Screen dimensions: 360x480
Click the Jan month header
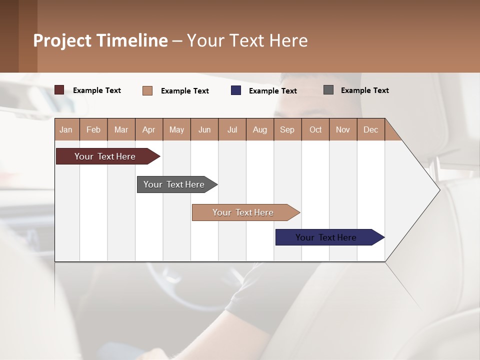[x=66, y=129]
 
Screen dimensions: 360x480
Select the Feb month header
[x=93, y=129]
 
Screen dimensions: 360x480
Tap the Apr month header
[x=148, y=129]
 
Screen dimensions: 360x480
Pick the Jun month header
[x=204, y=129]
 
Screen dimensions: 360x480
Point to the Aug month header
[x=260, y=129]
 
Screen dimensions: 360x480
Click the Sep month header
[x=287, y=129]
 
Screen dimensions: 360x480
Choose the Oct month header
[x=315, y=129]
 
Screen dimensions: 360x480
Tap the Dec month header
[x=370, y=129]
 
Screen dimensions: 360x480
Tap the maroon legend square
[x=59, y=90]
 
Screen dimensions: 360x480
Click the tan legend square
[x=147, y=90]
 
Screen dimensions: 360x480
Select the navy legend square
[x=236, y=90]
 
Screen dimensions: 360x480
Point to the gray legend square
[x=328, y=90]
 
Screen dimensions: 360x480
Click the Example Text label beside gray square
[x=364, y=90]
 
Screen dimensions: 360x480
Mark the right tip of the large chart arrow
[x=439, y=189]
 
